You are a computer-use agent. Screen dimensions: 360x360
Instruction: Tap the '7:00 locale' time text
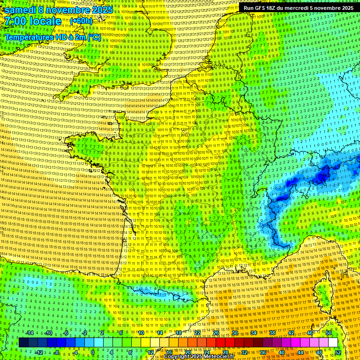[33, 22]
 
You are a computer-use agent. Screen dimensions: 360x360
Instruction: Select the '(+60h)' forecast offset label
[81, 21]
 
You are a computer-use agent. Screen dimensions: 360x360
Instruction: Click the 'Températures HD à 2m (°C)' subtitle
[52, 37]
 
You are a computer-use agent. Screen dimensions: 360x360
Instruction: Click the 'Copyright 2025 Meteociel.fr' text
[199, 357]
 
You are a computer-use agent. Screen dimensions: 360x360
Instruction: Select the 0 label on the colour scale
[93, 352]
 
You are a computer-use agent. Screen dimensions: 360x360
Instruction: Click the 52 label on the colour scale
[338, 352]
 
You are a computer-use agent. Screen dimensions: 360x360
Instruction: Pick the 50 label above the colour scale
[329, 333]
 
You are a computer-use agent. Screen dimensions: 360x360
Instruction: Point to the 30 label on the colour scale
[234, 333]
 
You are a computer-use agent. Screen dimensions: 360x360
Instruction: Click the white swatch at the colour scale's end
[333, 343]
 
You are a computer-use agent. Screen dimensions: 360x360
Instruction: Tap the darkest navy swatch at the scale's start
[23, 343]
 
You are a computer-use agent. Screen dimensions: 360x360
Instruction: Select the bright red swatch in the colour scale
[220, 343]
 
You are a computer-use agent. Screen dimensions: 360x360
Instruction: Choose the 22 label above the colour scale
[197, 333]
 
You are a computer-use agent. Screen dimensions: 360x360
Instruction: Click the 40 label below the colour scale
[282, 352]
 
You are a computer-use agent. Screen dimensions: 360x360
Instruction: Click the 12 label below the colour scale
[150, 352]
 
